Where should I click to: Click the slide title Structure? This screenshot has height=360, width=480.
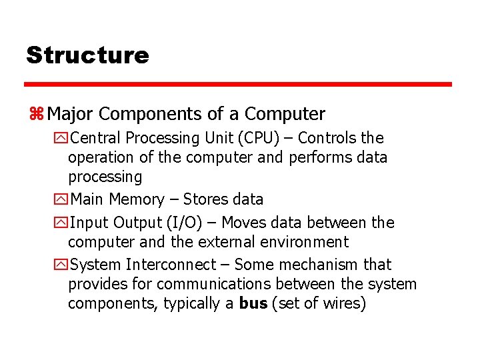[87, 55]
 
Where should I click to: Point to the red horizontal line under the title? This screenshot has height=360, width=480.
[238, 85]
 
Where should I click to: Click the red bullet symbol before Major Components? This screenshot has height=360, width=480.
[36, 115]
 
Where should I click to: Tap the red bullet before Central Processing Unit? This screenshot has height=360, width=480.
[62, 139]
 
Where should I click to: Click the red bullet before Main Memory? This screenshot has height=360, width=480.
[62, 200]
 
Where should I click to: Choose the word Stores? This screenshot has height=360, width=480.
[205, 199]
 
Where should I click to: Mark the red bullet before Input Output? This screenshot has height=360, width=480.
[62, 223]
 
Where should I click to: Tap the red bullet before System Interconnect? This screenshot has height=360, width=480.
[62, 265]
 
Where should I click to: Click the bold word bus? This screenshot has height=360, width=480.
[253, 303]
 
